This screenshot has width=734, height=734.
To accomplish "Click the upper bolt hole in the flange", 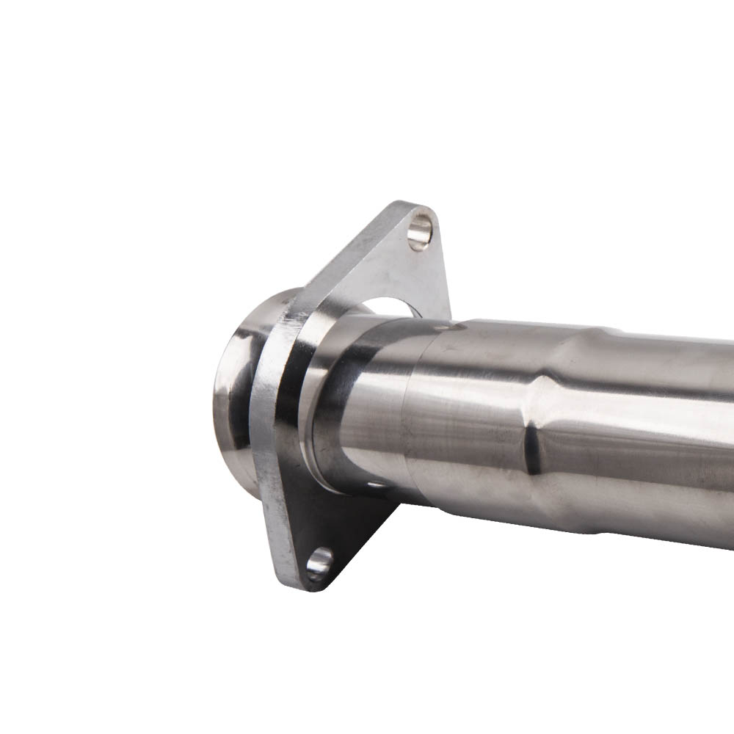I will tap(420, 229).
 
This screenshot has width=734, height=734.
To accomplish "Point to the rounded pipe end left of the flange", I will tap(233, 389).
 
